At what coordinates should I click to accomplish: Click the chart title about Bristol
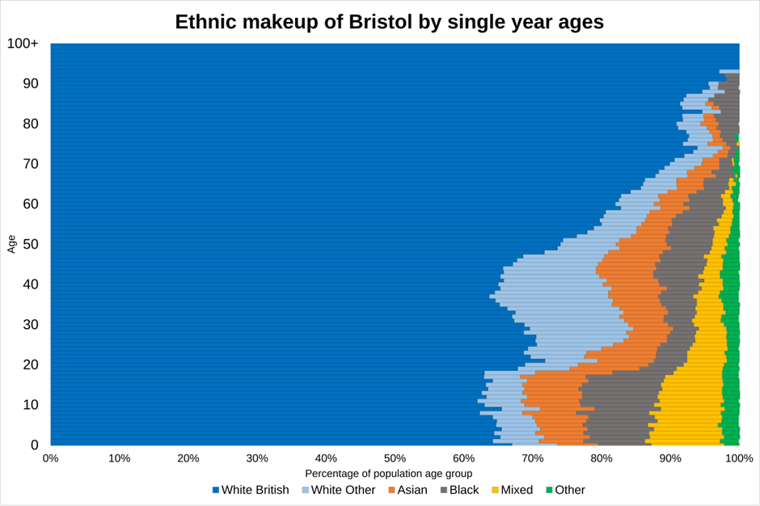(389, 22)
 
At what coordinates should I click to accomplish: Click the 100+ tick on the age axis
(23, 44)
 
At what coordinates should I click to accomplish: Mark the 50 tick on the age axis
(30, 244)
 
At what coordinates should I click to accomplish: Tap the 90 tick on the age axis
(30, 84)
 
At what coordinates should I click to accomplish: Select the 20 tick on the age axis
(30, 365)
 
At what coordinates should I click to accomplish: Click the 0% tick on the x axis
(50, 458)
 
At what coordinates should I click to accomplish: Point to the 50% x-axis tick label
(395, 458)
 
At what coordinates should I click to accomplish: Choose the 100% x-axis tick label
(738, 458)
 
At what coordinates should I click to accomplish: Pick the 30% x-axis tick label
(257, 458)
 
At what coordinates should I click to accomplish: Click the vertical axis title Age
(11, 243)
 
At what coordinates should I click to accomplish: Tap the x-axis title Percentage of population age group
(389, 474)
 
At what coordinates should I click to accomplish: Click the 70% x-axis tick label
(532, 458)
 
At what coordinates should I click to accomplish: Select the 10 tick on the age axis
(30, 405)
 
